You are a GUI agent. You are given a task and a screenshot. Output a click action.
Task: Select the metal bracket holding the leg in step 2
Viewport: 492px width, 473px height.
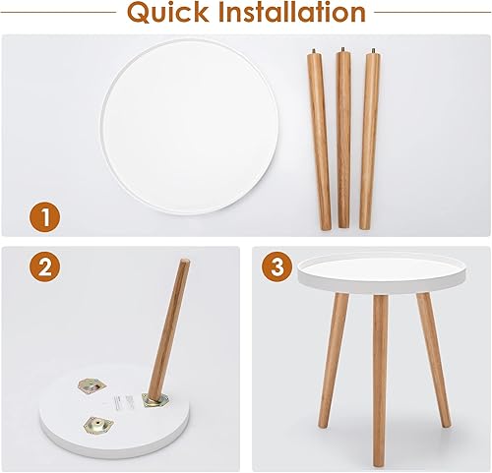click(154, 397)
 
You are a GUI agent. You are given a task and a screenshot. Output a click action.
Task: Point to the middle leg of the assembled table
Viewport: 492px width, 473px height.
click(379, 384)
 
